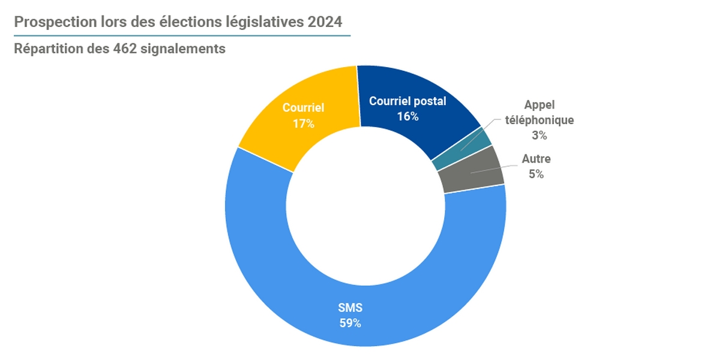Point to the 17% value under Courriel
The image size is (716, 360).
[x=303, y=124]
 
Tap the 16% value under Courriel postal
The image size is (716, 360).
[x=408, y=116]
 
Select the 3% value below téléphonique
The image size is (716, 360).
[x=539, y=136]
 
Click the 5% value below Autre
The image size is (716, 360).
[x=536, y=175]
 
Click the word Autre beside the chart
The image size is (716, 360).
[x=536, y=160]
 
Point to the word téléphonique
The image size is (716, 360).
[x=539, y=120]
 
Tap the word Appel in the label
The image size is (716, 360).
[x=539, y=104]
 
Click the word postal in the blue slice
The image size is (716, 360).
[x=431, y=101]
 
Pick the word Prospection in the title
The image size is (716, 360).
[x=51, y=22]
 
